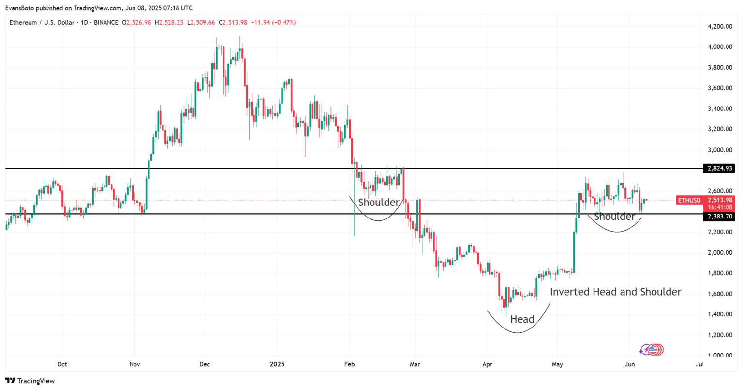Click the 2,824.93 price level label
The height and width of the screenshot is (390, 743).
coord(720,169)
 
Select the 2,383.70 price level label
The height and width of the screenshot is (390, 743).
coord(720,217)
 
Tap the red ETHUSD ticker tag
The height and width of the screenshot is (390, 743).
coord(689,200)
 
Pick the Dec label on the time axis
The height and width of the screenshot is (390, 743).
coord(205,364)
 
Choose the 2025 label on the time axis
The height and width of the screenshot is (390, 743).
coord(277,364)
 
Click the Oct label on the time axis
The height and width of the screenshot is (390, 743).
coord(62,364)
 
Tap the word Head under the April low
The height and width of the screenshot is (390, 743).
coord(522,319)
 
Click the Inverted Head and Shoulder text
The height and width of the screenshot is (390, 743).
coord(615,292)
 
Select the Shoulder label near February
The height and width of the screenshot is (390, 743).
coord(379,203)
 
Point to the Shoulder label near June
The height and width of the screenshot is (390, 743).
coord(614,217)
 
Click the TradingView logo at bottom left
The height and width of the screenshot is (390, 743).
coord(30,381)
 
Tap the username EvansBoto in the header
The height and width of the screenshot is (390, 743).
coord(20,8)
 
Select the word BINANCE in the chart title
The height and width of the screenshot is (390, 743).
coord(106,22)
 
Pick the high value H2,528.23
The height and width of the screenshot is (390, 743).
coord(169,22)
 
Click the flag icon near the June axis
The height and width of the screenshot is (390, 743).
coord(655,350)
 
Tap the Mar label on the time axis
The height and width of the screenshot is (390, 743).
coord(415,364)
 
